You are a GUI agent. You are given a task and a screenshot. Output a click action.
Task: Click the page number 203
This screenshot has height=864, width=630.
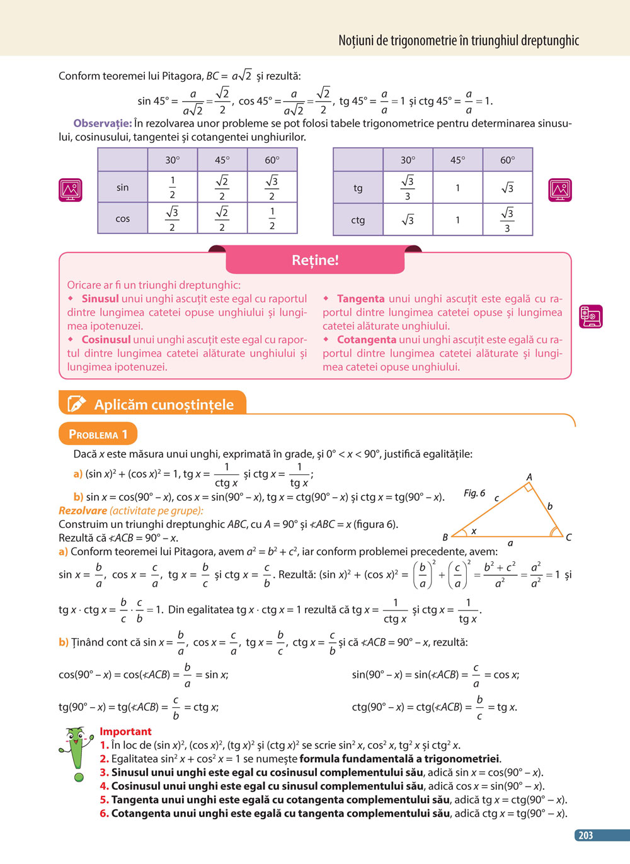point(585,835)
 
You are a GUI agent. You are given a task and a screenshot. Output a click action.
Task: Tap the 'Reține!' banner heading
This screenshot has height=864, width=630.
point(315,260)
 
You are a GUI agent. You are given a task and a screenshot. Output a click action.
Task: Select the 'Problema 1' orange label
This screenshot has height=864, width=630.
point(98,434)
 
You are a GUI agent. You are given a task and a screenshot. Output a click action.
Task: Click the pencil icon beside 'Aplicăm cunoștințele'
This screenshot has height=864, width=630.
point(76,404)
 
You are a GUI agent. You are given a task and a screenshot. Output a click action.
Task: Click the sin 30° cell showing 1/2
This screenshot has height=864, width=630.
point(172,187)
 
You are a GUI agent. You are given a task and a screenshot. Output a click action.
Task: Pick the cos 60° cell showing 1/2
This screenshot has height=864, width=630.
point(272,218)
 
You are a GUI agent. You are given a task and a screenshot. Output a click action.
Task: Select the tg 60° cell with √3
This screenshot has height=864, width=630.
point(507,188)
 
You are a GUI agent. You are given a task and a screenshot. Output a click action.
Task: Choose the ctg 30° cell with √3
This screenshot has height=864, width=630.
point(408,220)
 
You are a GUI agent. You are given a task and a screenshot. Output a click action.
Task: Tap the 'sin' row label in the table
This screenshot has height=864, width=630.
point(122,188)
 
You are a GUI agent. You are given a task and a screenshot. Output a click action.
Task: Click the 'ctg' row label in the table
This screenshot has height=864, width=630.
point(358,220)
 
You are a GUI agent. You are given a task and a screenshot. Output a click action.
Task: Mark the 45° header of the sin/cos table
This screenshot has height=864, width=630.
point(222,160)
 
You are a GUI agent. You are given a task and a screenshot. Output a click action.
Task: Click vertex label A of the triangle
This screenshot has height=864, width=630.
point(529,477)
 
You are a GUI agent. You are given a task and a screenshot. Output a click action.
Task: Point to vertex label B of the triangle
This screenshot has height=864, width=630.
point(445,537)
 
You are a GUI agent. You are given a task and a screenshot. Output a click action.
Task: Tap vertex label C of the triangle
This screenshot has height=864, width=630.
point(568,537)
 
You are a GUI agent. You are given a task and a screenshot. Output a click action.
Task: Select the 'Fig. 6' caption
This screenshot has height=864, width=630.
point(474,493)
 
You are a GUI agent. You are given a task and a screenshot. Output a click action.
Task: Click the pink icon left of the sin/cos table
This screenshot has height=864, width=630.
point(71,189)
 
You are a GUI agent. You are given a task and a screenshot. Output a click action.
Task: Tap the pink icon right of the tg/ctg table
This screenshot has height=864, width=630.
point(560,189)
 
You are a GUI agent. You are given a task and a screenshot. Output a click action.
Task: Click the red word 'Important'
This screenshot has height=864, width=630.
point(125,731)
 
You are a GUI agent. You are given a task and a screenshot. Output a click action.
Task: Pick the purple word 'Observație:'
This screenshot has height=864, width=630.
point(102,123)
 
